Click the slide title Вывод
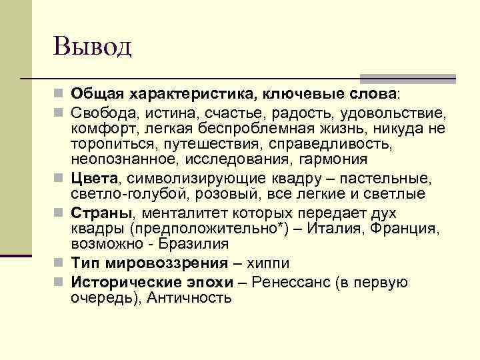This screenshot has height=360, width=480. pyautogui.click(x=93, y=47)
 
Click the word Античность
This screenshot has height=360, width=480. pyautogui.click(x=189, y=298)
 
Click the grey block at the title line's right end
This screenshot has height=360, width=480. pyautogui.click(x=407, y=79)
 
